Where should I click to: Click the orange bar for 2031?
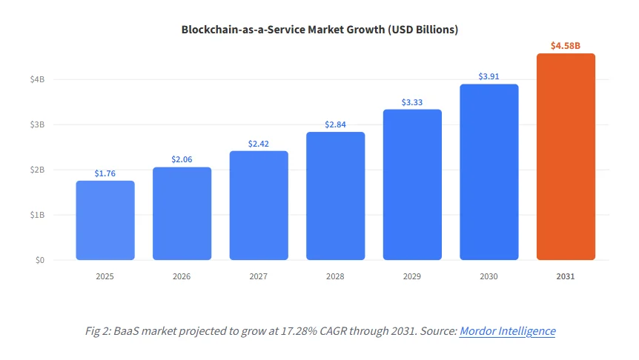[x=566, y=157]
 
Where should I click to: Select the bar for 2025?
[x=105, y=221]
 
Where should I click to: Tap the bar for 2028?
[x=335, y=196]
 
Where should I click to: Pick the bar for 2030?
[x=489, y=172]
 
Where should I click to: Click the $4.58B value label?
[x=566, y=46]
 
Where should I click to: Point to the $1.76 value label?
[x=105, y=173]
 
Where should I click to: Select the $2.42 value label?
[x=259, y=144]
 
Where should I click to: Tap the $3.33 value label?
[x=412, y=102]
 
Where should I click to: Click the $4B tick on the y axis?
[x=37, y=79]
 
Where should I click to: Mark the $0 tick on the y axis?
[x=39, y=260]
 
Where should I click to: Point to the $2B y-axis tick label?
[x=37, y=170]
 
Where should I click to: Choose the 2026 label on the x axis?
[x=182, y=276]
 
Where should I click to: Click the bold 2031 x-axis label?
[x=566, y=276]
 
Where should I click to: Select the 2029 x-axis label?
[x=412, y=276]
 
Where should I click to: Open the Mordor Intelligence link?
[x=507, y=331]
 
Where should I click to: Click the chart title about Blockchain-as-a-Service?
[x=319, y=30]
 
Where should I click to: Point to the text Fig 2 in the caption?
[x=97, y=331]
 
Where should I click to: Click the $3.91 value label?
[x=489, y=76]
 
